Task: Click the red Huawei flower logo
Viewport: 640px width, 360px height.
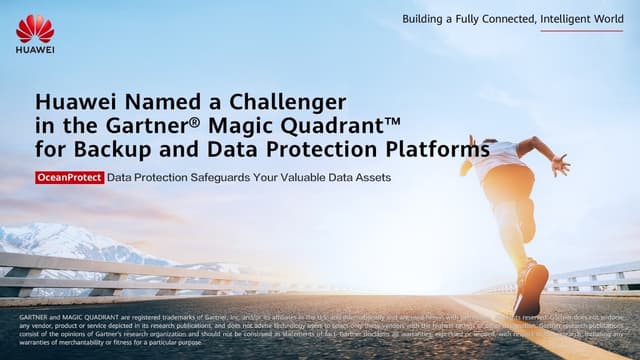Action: click(35, 28)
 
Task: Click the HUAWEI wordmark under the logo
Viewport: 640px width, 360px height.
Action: click(35, 49)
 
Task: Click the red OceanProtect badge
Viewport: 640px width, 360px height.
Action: click(68, 178)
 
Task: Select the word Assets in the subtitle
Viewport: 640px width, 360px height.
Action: click(369, 178)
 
